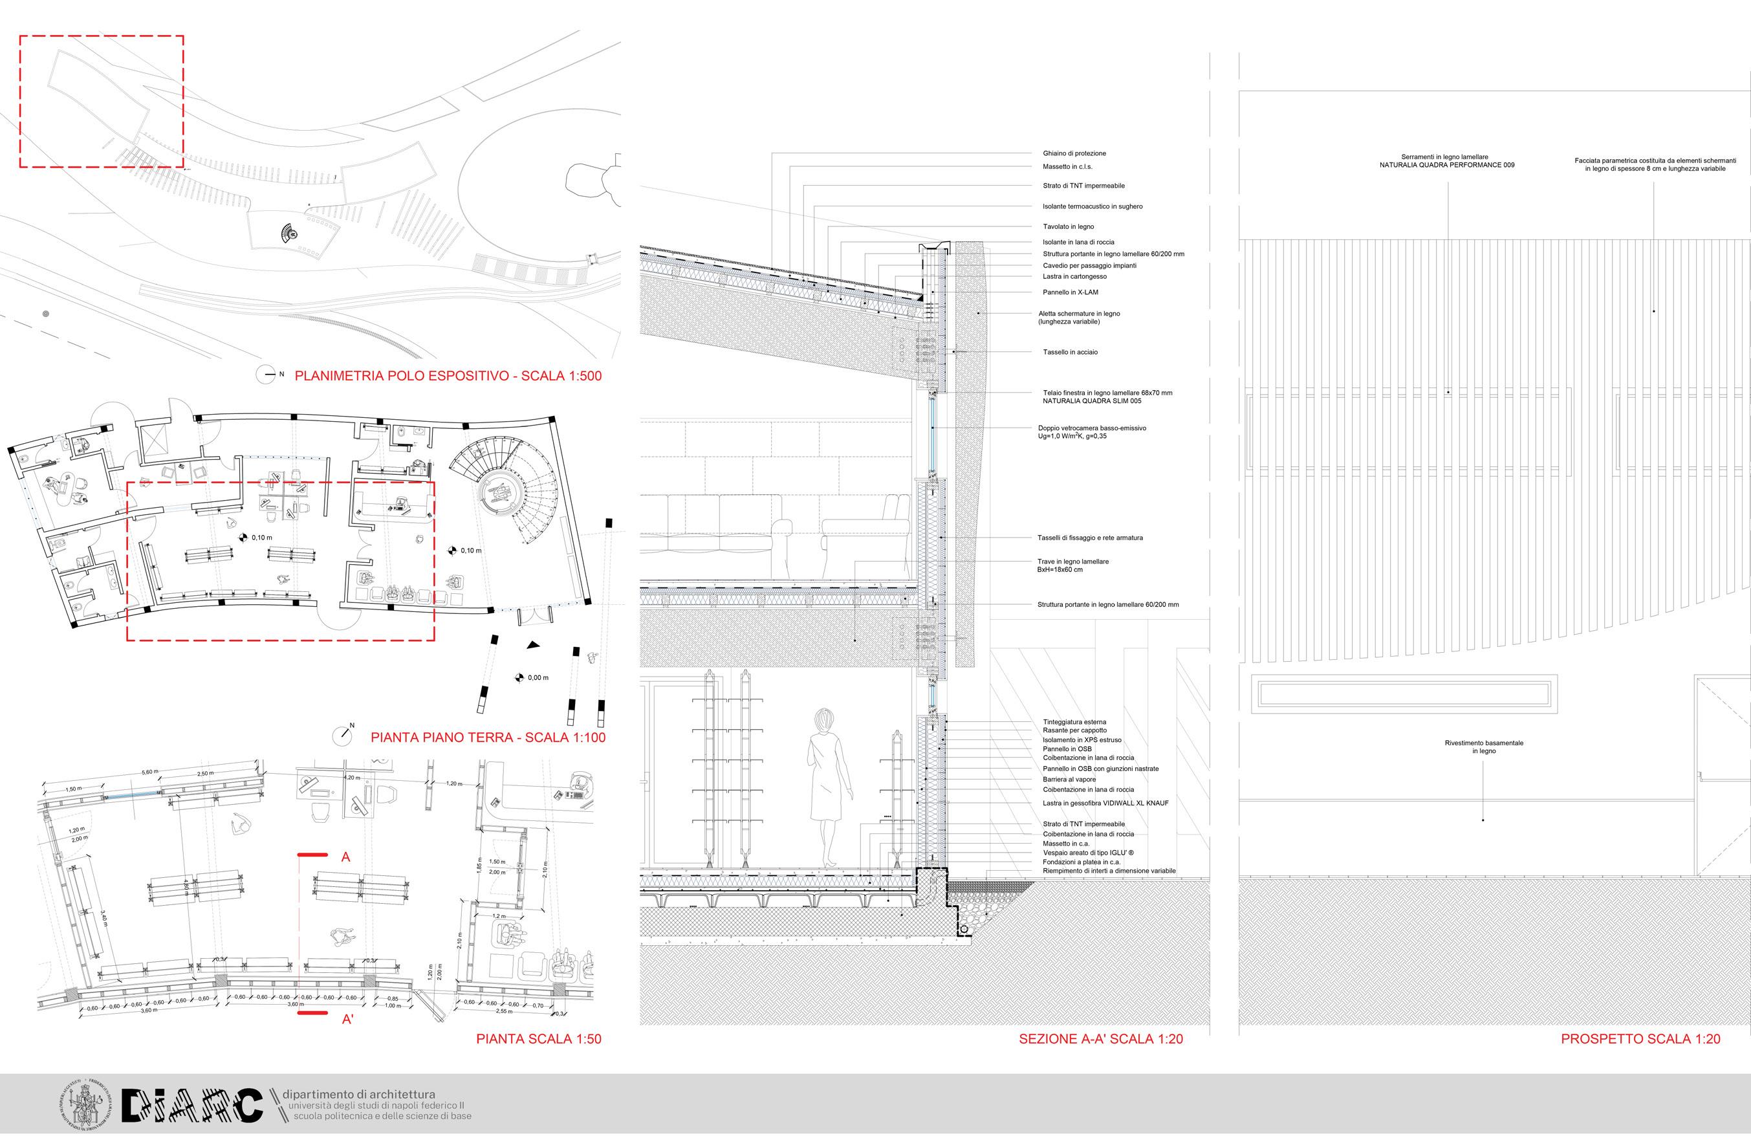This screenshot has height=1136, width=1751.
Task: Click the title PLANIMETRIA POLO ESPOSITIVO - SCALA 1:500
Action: coord(448,376)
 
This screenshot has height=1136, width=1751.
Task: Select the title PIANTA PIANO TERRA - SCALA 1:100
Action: coord(488,736)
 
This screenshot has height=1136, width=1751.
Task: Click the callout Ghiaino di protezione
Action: coord(1074,154)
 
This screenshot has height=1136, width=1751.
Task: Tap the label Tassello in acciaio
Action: coord(1070,353)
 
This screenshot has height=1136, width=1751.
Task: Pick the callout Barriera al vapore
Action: coord(1069,779)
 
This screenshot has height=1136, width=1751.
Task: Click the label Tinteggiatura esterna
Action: coord(1074,722)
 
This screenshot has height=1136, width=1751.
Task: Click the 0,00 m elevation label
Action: coord(538,677)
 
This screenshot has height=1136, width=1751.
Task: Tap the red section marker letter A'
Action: coord(348,1019)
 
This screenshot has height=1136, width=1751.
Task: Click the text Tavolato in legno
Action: coord(1068,226)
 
